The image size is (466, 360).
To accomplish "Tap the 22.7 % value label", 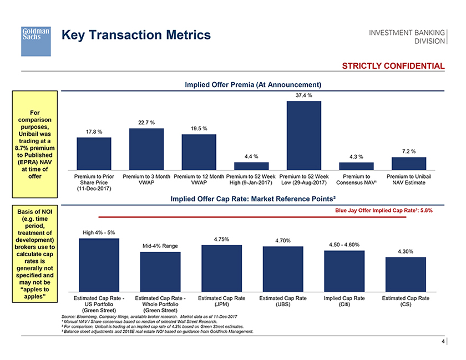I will [x=145, y=122].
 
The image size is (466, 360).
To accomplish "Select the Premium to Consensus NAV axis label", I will [x=356, y=180].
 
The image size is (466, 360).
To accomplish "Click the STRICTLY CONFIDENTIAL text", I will [x=393, y=66].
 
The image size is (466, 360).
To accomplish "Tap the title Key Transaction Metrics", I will [x=136, y=35].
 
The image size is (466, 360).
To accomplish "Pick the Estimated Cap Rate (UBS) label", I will [x=283, y=301].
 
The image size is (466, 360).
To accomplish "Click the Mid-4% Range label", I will [x=160, y=246].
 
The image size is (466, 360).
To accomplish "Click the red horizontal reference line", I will [x=255, y=217].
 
